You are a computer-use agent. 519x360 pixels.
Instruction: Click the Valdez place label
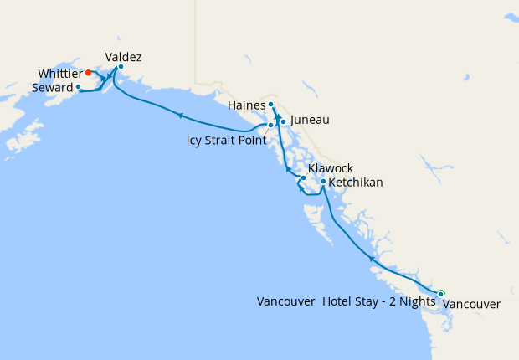coord(123,57)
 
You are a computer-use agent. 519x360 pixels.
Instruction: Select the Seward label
coord(51,87)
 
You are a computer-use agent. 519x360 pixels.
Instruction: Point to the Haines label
coord(246,105)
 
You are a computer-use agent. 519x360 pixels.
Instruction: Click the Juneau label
coord(309,121)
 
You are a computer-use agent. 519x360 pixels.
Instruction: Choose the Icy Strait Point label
coord(226,140)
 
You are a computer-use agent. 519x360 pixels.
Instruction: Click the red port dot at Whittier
coord(89,73)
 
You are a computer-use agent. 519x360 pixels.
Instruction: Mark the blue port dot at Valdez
coord(121,66)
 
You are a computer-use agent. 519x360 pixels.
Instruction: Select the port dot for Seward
coord(78,86)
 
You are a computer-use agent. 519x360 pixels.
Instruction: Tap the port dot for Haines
coord(270,105)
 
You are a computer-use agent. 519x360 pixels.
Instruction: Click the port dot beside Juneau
coord(283,122)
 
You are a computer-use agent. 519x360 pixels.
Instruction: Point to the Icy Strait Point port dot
coord(270,125)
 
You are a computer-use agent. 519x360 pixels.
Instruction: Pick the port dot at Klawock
coord(303,177)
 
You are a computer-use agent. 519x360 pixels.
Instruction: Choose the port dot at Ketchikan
coord(323,181)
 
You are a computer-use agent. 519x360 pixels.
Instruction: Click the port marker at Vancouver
coord(440,293)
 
